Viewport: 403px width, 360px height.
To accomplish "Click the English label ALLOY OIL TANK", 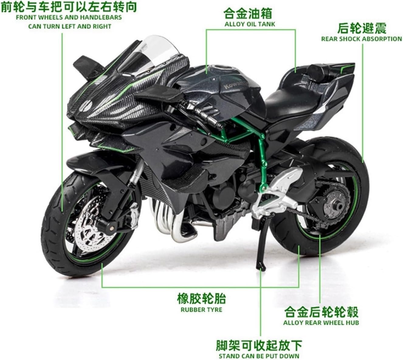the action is point(250,24).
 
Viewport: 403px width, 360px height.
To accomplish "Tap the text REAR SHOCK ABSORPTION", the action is point(361,39).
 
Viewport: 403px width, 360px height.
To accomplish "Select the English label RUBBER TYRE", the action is point(201,310).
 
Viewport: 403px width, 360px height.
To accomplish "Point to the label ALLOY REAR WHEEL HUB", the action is point(321,323).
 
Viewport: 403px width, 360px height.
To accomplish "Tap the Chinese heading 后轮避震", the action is point(362,29).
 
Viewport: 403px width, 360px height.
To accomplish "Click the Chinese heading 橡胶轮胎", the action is point(201,299).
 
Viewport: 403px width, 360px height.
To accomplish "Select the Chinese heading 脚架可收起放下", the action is point(259,345).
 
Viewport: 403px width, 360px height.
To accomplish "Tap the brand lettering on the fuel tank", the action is point(232,85).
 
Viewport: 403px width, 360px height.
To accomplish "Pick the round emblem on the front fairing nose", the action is point(86,106).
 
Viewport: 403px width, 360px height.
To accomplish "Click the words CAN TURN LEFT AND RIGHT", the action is point(70,26).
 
